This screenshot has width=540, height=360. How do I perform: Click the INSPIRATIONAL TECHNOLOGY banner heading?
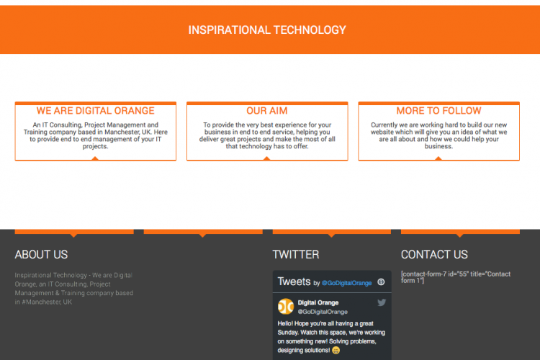click(x=267, y=30)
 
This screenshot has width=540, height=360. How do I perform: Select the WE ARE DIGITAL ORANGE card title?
click(x=95, y=111)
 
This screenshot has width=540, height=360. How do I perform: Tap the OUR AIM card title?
click(x=267, y=111)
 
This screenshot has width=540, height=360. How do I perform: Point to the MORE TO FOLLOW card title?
click(x=438, y=111)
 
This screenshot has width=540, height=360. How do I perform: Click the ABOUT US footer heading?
click(x=41, y=255)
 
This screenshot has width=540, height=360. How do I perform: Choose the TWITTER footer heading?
click(x=296, y=255)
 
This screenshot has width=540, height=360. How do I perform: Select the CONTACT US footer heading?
click(x=434, y=255)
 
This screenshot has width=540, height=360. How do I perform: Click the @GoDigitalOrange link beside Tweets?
click(x=346, y=283)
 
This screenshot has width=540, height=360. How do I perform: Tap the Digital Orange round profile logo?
click(x=286, y=307)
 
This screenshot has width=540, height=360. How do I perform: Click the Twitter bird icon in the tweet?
click(x=382, y=302)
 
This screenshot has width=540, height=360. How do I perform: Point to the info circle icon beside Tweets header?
click(x=381, y=282)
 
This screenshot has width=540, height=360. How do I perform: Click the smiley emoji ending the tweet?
click(x=336, y=351)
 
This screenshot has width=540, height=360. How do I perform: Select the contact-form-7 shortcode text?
click(x=456, y=277)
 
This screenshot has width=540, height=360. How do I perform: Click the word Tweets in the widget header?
click(x=294, y=282)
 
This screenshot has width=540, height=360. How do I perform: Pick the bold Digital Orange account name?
click(x=318, y=302)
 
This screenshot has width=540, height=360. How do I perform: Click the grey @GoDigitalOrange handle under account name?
click(x=323, y=312)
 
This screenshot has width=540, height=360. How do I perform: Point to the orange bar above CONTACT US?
click(x=460, y=232)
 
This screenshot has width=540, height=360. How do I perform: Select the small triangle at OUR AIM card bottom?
click(x=266, y=158)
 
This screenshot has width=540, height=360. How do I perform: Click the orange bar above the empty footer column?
click(x=203, y=232)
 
